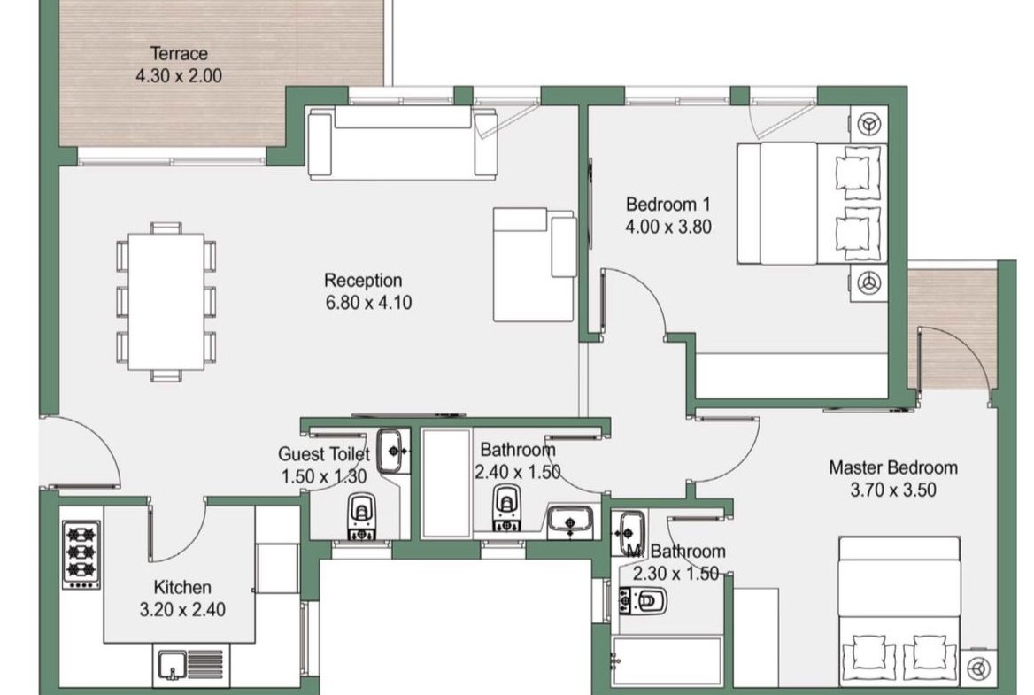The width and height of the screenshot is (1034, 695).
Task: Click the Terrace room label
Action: pos(179,53)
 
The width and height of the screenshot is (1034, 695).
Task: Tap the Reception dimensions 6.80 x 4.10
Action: pos(368,303)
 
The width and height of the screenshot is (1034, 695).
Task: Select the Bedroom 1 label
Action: pos(668,204)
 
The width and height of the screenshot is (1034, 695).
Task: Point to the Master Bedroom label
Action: pos(893,467)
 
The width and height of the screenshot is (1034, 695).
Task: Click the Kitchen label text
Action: pos(182,587)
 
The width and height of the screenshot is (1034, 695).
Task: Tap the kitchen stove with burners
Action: pos(81,555)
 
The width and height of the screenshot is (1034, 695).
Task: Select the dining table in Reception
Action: pos(166,301)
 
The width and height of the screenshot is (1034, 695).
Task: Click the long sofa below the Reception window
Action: pos(402,143)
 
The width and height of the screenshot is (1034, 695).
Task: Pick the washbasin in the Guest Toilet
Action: pos(393,451)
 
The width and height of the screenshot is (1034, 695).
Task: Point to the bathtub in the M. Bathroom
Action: pos(666,660)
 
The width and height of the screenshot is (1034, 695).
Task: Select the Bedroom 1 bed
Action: pos(811,204)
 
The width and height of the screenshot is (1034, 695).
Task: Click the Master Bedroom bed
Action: pos(899,612)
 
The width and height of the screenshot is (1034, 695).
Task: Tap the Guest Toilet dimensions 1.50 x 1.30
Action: pos(324,476)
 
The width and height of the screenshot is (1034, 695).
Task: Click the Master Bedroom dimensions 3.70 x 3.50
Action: pos(893,490)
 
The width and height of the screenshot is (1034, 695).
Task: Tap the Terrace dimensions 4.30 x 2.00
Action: pos(179,76)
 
